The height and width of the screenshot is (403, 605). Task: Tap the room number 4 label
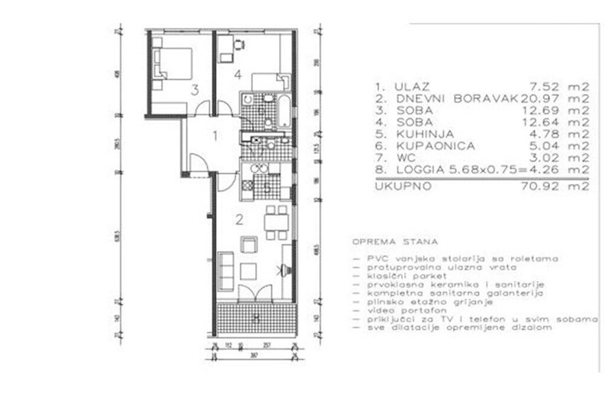(x=237, y=75)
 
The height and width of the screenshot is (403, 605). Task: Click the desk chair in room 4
(x=239, y=44)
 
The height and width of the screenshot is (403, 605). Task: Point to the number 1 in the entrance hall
(x=216, y=136)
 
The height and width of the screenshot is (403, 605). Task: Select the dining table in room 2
(x=275, y=222)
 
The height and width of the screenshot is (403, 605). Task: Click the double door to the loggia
(x=255, y=293)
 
